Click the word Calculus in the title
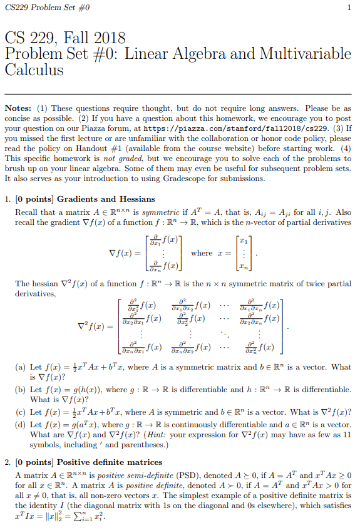click(x=34, y=69)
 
